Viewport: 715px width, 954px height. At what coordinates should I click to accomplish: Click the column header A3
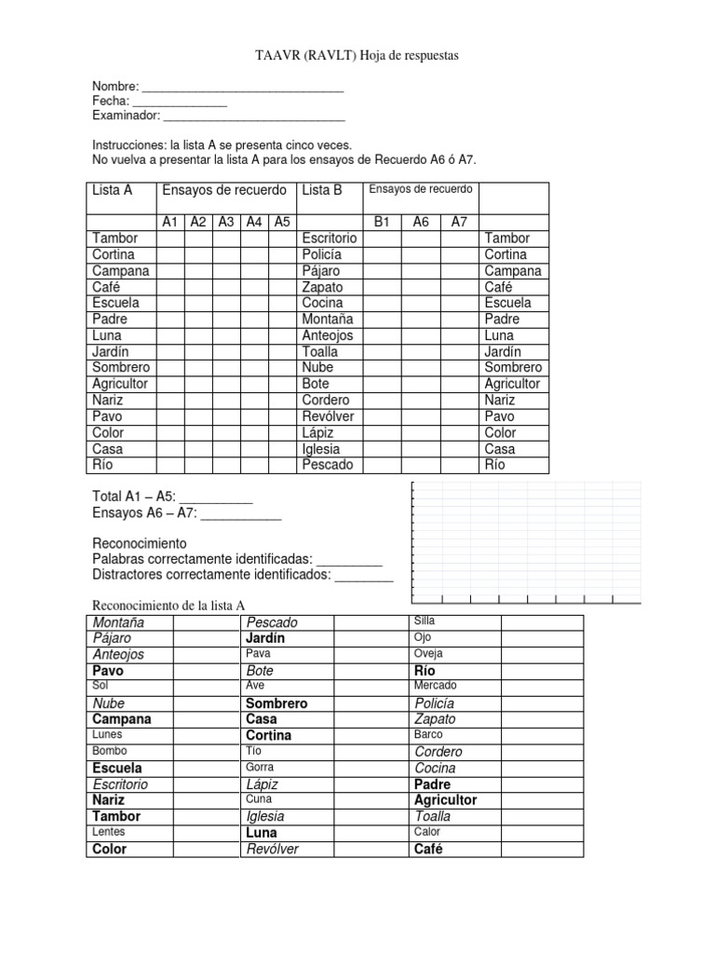[225, 222]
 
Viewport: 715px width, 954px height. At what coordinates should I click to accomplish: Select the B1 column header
[382, 222]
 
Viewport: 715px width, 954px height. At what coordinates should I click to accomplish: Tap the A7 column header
[459, 222]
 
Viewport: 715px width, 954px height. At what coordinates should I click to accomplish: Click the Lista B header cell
[322, 190]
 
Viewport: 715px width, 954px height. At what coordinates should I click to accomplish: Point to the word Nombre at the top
[115, 86]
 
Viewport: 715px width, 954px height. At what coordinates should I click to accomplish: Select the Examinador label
[127, 116]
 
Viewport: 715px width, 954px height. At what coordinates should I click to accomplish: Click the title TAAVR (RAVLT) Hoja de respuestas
[357, 57]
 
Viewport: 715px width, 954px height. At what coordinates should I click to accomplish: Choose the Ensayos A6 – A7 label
[144, 512]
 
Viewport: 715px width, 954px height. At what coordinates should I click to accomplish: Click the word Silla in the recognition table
[425, 620]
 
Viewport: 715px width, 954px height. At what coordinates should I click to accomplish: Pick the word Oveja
[428, 653]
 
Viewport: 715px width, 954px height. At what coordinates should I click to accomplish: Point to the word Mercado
[436, 686]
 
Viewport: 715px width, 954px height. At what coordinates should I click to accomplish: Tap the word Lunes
[108, 734]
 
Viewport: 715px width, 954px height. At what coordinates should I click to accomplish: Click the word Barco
[428, 734]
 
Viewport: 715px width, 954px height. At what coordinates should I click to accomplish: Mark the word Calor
[427, 832]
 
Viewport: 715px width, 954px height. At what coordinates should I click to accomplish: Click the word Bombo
[110, 751]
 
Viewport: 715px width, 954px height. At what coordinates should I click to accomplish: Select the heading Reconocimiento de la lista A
[169, 606]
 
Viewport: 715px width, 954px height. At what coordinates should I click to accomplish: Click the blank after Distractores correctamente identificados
[364, 576]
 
